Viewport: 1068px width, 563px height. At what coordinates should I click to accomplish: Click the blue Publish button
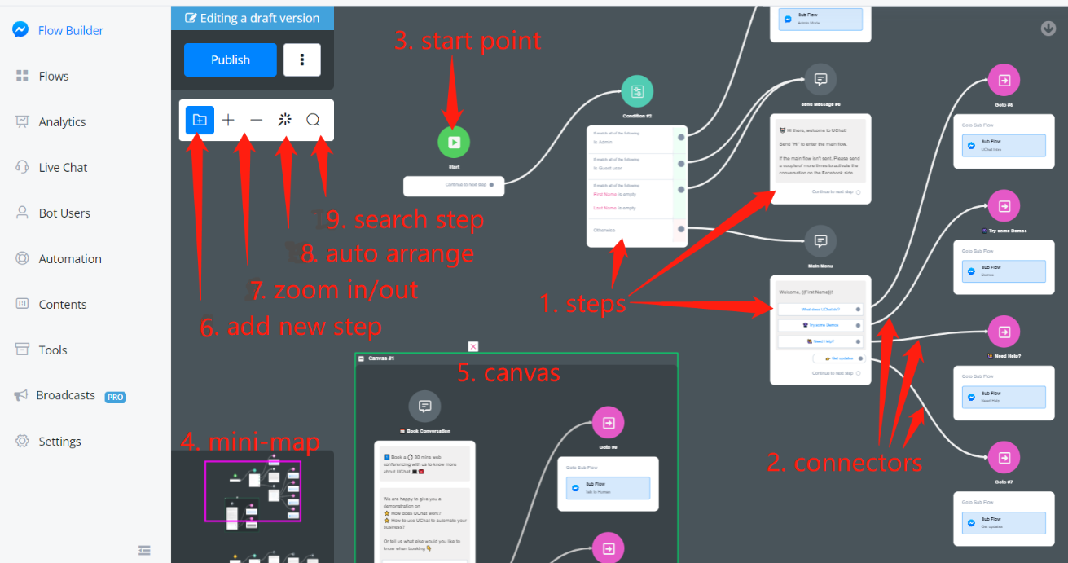click(x=231, y=59)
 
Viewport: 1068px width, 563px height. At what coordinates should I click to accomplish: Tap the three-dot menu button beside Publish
click(x=302, y=59)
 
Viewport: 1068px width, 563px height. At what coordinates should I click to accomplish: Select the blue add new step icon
click(x=200, y=120)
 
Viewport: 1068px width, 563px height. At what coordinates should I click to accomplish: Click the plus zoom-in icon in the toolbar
click(x=228, y=120)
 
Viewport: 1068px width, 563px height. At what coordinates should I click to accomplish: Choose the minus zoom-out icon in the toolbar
click(x=257, y=120)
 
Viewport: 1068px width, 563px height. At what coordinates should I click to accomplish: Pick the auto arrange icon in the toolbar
click(x=284, y=120)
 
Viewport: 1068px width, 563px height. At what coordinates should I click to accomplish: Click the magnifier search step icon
click(x=313, y=120)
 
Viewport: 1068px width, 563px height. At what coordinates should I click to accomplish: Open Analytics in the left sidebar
click(x=62, y=121)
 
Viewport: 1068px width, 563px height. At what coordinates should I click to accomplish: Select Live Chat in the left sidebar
click(x=63, y=167)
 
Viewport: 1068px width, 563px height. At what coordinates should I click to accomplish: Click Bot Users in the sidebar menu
click(x=64, y=213)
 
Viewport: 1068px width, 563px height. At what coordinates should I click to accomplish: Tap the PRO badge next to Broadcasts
click(x=115, y=397)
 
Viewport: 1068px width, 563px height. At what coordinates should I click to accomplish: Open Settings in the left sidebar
click(x=59, y=441)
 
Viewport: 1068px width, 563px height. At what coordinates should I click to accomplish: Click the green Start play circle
click(x=454, y=142)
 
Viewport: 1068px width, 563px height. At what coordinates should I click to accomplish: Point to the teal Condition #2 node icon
click(x=637, y=91)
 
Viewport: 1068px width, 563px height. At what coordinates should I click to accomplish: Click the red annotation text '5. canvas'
click(x=508, y=372)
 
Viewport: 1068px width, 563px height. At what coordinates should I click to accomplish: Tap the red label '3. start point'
click(x=468, y=40)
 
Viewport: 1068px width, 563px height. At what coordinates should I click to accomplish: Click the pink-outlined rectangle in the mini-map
click(x=253, y=490)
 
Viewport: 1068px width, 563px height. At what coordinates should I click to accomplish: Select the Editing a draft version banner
click(x=253, y=18)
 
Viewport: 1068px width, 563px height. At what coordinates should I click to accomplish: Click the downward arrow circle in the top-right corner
click(x=1048, y=29)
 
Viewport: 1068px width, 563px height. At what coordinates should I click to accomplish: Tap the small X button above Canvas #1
click(x=473, y=346)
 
